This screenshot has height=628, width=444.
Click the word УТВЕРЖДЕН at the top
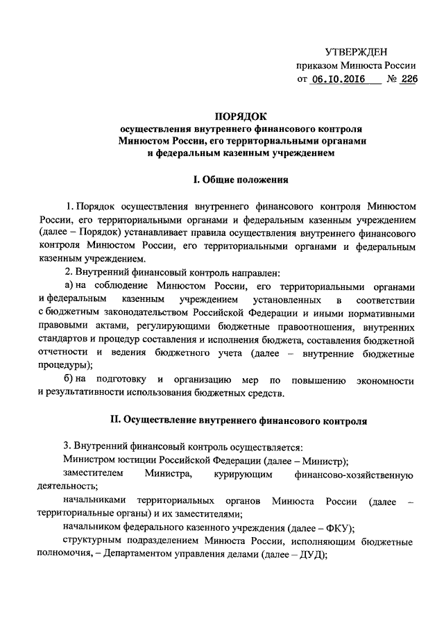(357, 53)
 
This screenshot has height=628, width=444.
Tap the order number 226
(408, 80)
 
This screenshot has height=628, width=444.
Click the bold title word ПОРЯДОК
(240, 116)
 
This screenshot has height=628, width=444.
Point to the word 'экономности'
(385, 380)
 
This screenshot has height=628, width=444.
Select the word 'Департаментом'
(140, 557)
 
